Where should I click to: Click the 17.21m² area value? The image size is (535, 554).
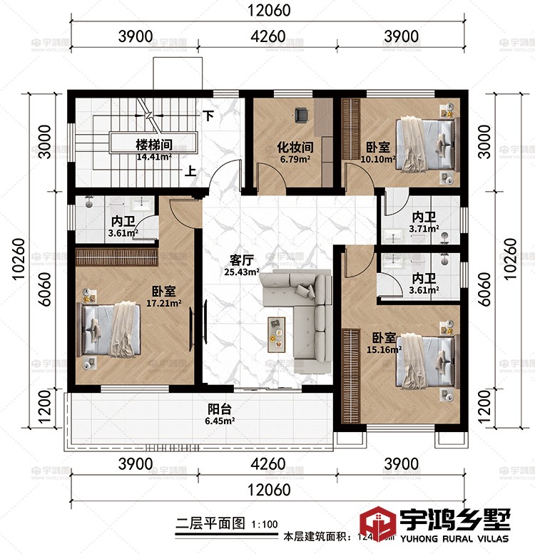point(164,303)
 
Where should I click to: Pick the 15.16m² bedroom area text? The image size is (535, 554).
point(385,349)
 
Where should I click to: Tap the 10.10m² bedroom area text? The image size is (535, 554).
point(378,159)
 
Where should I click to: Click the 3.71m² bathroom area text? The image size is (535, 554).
point(424,229)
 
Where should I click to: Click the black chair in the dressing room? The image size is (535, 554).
point(302,113)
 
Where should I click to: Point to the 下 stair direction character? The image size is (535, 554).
point(208,114)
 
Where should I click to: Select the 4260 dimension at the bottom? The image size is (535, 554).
point(268,464)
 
